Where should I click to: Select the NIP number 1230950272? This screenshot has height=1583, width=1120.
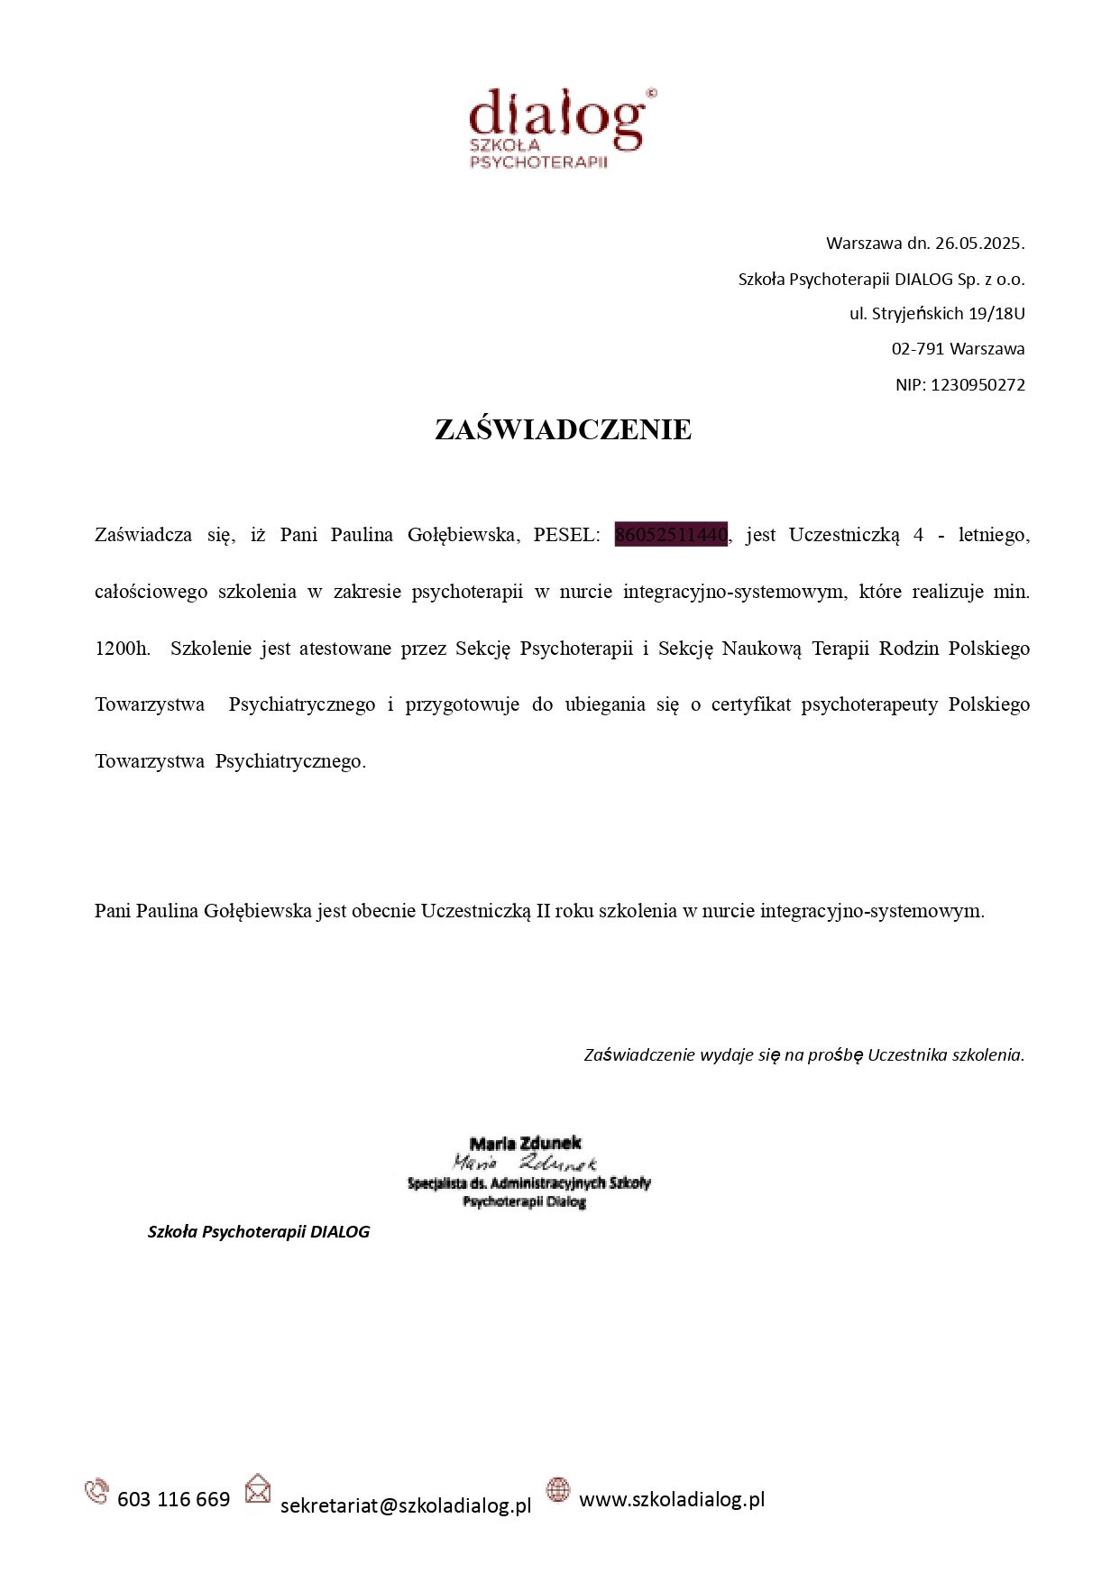point(978,384)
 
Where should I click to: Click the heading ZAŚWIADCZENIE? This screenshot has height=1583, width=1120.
point(563,429)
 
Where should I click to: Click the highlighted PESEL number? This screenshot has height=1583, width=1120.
point(671,535)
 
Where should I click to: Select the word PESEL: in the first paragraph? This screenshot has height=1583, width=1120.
point(566,535)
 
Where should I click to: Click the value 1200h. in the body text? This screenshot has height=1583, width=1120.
point(123,649)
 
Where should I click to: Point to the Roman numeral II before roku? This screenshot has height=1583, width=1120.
point(543,911)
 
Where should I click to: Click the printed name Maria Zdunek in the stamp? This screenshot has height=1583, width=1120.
point(526,1144)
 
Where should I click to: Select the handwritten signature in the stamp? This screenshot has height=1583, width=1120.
point(525,1163)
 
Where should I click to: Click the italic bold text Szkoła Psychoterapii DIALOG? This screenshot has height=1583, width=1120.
point(259,1232)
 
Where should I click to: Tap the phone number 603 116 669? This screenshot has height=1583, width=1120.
point(174,1499)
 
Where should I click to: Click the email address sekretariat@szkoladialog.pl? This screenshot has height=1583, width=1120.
point(406,1505)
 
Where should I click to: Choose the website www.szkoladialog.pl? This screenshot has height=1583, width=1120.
point(672,1499)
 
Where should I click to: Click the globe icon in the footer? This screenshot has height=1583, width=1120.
point(558,1490)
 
